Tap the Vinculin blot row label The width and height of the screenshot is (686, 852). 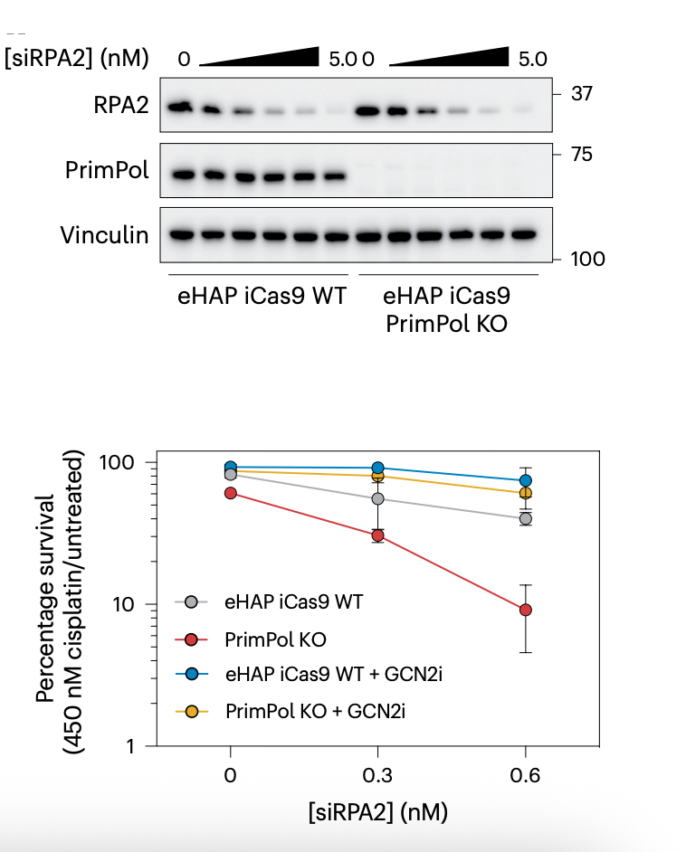[x=105, y=235]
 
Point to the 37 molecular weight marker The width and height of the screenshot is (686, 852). [x=581, y=92]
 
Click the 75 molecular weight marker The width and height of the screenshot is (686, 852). [x=581, y=154]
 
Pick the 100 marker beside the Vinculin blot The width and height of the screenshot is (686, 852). [x=587, y=260]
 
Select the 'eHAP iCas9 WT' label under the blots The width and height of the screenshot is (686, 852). [x=262, y=297]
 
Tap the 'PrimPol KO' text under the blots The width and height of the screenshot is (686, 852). [x=446, y=323]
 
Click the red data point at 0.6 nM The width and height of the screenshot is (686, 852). [x=525, y=611]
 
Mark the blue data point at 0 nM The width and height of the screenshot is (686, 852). [x=231, y=468]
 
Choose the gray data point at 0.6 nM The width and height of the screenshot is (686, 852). [x=525, y=518]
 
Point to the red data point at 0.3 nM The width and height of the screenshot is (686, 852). [x=377, y=535]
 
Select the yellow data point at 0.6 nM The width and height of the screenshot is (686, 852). [x=525, y=493]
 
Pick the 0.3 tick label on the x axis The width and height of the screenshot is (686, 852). [x=377, y=776]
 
